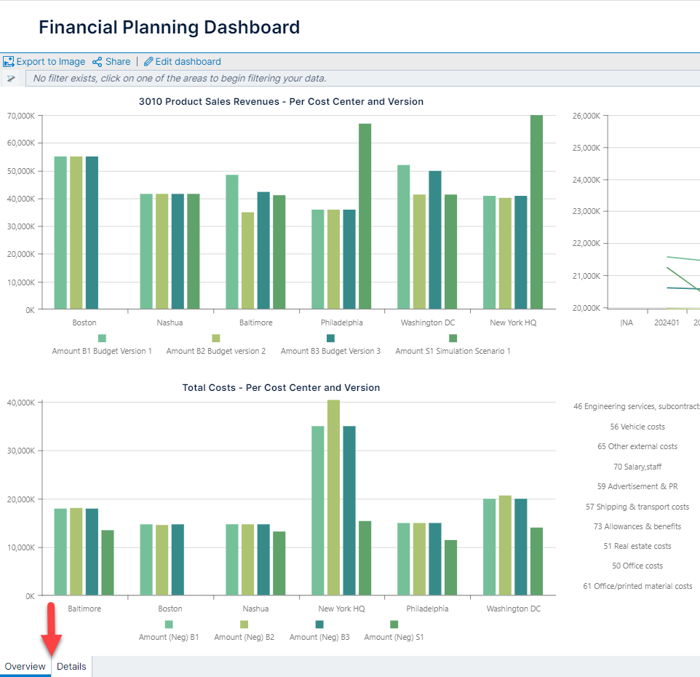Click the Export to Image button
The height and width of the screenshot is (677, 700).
(x=44, y=62)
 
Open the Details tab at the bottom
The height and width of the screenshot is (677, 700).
(x=71, y=666)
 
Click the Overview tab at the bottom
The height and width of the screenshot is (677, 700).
(x=25, y=666)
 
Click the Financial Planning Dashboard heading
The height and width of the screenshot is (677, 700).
(x=169, y=28)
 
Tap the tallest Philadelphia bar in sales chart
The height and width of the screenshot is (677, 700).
(x=365, y=215)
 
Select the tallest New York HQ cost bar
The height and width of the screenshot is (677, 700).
(x=333, y=497)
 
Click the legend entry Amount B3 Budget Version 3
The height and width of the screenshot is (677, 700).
(x=330, y=351)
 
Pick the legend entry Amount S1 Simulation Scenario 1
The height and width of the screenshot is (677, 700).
(x=453, y=351)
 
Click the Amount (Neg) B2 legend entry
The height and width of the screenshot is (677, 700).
(x=244, y=637)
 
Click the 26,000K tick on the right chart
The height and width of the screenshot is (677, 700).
(x=586, y=116)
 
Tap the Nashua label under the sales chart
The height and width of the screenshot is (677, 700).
(x=170, y=322)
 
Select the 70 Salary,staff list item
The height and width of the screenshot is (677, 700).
(x=637, y=467)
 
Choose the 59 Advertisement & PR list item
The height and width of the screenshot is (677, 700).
(x=637, y=486)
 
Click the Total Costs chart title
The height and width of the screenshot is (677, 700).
(x=281, y=388)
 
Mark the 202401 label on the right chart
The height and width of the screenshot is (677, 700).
(x=667, y=322)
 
